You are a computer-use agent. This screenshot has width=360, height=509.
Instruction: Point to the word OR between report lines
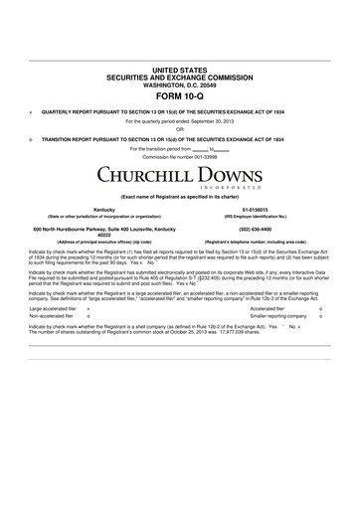click(x=180, y=128)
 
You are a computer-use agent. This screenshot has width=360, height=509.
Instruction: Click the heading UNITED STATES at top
click(x=180, y=60)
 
